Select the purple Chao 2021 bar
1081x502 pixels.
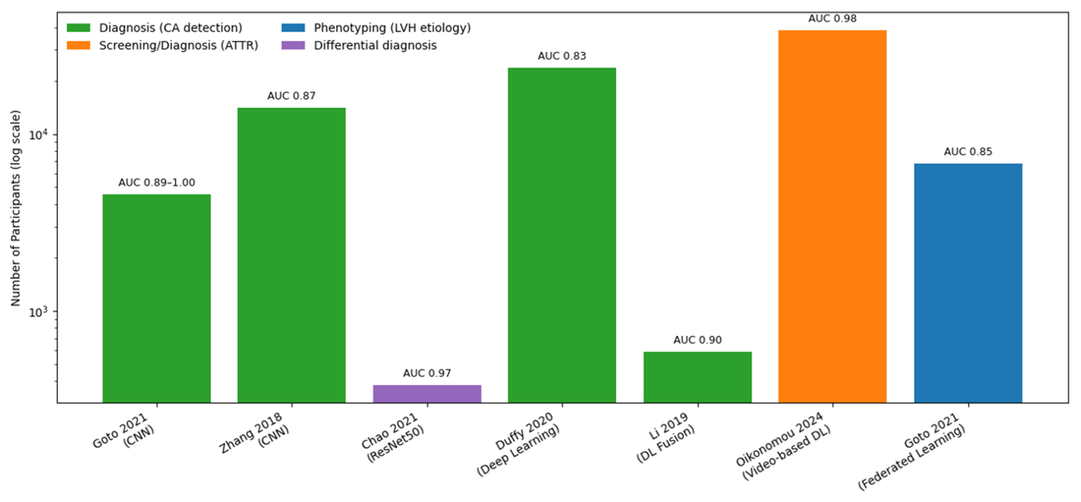pyautogui.click(x=427, y=394)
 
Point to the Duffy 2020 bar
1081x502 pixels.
pyautogui.click(x=562, y=235)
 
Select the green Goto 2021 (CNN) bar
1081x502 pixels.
pyautogui.click(x=157, y=298)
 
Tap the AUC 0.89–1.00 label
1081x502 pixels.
pyautogui.click(x=157, y=183)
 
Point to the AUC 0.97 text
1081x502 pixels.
pyautogui.click(x=427, y=373)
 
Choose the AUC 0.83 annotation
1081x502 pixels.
pyautogui.click(x=562, y=56)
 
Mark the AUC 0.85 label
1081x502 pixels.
pyautogui.click(x=968, y=152)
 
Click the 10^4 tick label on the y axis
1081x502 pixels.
pyautogui.click(x=38, y=135)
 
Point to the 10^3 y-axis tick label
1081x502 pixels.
pyautogui.click(x=38, y=312)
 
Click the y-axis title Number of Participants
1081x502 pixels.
pyautogui.click(x=16, y=208)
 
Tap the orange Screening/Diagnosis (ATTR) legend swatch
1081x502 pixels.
pyautogui.click(x=79, y=45)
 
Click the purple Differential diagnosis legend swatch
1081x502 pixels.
pyautogui.click(x=293, y=45)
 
